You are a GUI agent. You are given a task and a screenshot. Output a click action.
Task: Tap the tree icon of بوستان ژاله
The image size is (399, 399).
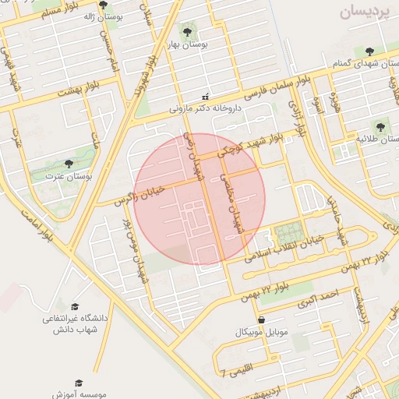[x=104, y=5]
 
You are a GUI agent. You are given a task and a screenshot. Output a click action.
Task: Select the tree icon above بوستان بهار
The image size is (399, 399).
[x=186, y=30]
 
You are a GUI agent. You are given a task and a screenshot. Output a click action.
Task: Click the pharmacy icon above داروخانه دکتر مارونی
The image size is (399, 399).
[x=205, y=97]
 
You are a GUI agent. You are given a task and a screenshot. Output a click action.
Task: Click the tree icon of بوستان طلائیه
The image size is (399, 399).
[x=380, y=125]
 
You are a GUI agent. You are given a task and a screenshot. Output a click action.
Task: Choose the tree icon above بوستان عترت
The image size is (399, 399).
[x=69, y=164]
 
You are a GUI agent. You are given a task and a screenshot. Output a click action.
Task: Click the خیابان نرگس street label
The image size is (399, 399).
[x=140, y=195]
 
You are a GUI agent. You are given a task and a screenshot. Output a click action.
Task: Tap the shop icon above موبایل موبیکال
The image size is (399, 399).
[x=260, y=320]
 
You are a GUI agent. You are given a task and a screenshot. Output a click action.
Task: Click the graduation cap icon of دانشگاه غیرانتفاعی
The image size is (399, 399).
[x=75, y=307]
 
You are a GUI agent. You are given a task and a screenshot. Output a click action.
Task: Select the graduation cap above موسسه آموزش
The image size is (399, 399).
[x=78, y=383]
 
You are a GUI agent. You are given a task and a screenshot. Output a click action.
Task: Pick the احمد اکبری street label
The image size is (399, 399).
[x=319, y=297]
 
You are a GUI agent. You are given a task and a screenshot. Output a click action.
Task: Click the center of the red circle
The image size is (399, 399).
[x=199, y=199]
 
